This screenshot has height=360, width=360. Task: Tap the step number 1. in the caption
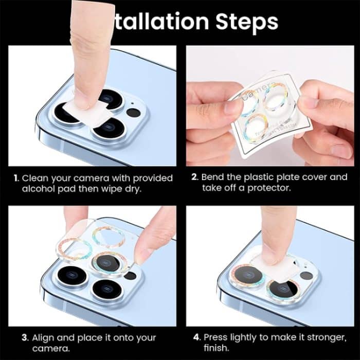16,178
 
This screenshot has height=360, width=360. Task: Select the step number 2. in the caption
195,177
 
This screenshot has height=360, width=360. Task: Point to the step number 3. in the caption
25,338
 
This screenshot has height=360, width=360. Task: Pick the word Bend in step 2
212,177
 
